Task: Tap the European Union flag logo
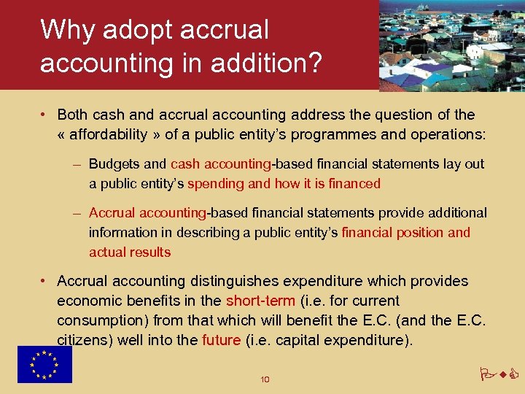click(44, 364)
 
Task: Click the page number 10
click(265, 379)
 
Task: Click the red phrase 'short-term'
click(260, 301)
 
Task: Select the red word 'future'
click(221, 340)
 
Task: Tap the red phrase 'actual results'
click(130, 252)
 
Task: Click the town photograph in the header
click(452, 45)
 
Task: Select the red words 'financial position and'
click(406, 233)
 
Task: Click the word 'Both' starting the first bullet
click(71, 115)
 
